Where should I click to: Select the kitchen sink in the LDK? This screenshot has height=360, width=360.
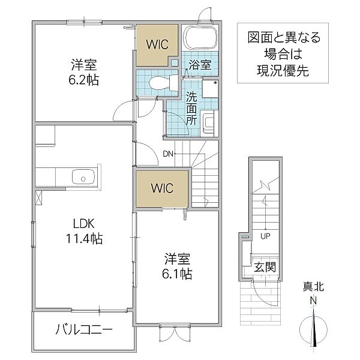(82, 177)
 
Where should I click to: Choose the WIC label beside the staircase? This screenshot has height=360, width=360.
(161, 188)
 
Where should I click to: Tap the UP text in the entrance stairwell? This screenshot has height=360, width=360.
(265, 235)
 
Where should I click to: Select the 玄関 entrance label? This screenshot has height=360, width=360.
(264, 267)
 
